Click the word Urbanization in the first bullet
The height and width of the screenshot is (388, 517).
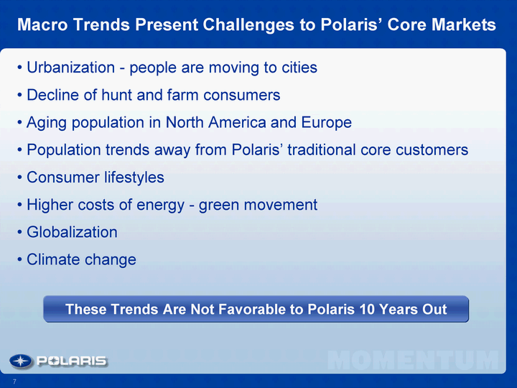(x=70, y=68)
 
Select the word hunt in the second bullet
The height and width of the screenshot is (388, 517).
(x=117, y=95)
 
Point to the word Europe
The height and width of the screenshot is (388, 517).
(x=327, y=122)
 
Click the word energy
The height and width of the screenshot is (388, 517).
(x=160, y=205)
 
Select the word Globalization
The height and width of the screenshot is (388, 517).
(x=72, y=232)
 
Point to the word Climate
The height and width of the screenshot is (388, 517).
(x=53, y=259)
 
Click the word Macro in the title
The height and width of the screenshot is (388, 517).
(x=42, y=24)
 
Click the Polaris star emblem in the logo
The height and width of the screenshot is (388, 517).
(x=21, y=361)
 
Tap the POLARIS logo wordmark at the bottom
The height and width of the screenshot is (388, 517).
(x=72, y=361)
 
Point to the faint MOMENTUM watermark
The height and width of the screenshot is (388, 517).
(x=413, y=360)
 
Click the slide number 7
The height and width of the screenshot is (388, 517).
(x=14, y=382)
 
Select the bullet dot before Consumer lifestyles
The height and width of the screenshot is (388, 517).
(x=20, y=178)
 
